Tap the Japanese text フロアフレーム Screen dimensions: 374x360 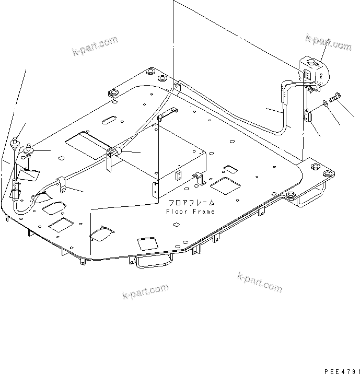(x=191, y=203)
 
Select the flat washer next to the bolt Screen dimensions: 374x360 (x=326, y=104)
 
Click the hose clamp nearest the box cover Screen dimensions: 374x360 (x=113, y=152)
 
